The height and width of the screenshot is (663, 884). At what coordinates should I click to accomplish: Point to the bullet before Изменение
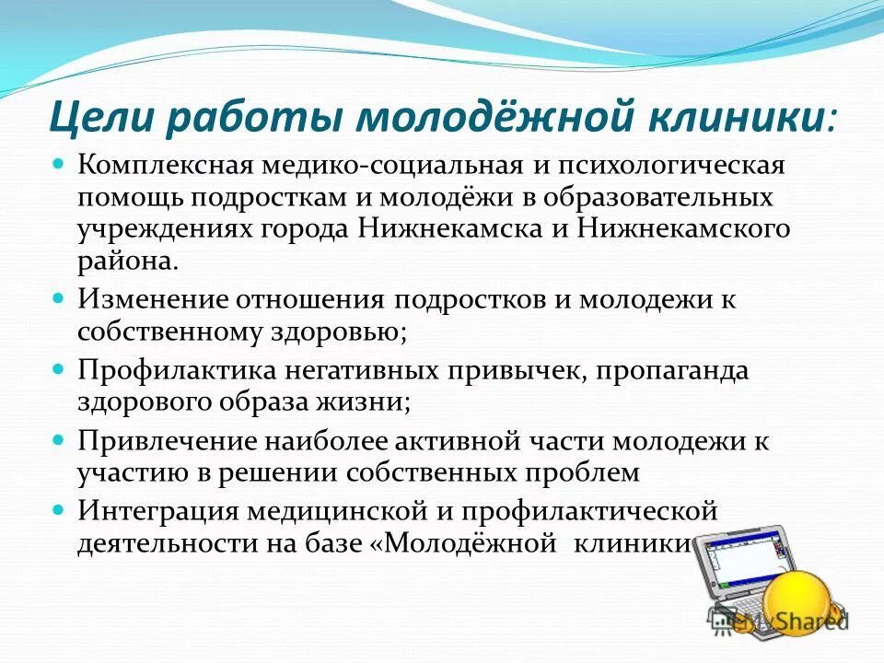[57, 300]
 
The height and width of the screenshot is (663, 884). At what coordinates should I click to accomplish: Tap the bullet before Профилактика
[57, 370]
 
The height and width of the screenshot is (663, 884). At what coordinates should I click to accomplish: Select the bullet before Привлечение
[57, 440]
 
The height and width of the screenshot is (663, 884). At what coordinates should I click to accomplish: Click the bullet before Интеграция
[57, 509]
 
